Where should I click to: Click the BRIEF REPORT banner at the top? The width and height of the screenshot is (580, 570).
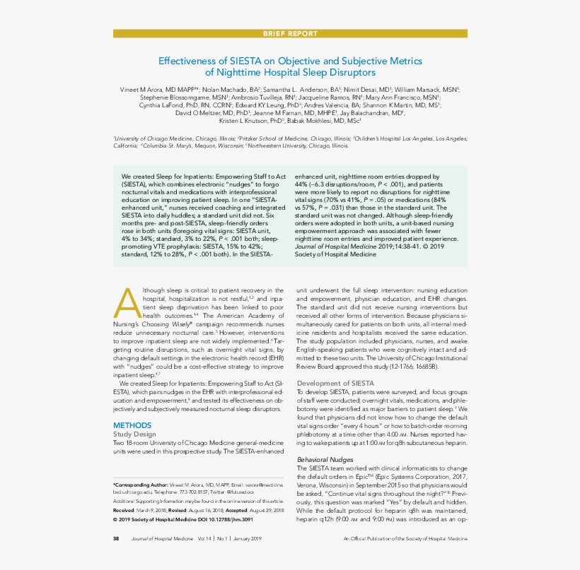pos(290,34)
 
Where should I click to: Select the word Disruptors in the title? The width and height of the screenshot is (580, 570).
pos(352,72)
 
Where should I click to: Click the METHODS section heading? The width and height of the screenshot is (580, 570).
pos(132,425)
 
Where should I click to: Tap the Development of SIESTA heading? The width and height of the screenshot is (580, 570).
pos(335,383)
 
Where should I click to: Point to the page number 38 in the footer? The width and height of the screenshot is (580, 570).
pos(116,539)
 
